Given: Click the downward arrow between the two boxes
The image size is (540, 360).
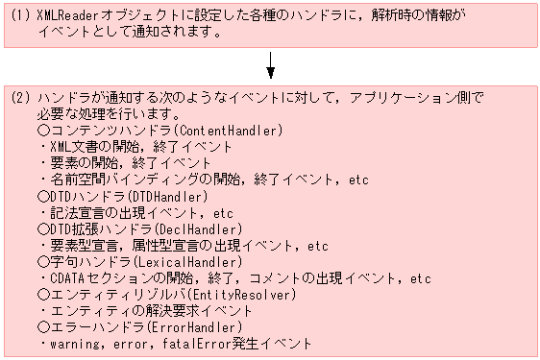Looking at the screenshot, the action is [272, 65].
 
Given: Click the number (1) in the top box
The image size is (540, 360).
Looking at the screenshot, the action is [20, 16].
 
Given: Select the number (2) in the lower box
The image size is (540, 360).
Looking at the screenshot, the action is [20, 98].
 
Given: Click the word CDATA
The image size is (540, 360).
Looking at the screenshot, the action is [66, 277].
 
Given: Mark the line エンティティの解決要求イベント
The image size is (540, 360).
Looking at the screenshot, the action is [145, 310].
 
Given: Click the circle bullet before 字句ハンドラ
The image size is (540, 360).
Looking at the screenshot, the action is [43, 261].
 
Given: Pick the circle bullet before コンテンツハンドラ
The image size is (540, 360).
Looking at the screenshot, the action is [43, 131].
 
